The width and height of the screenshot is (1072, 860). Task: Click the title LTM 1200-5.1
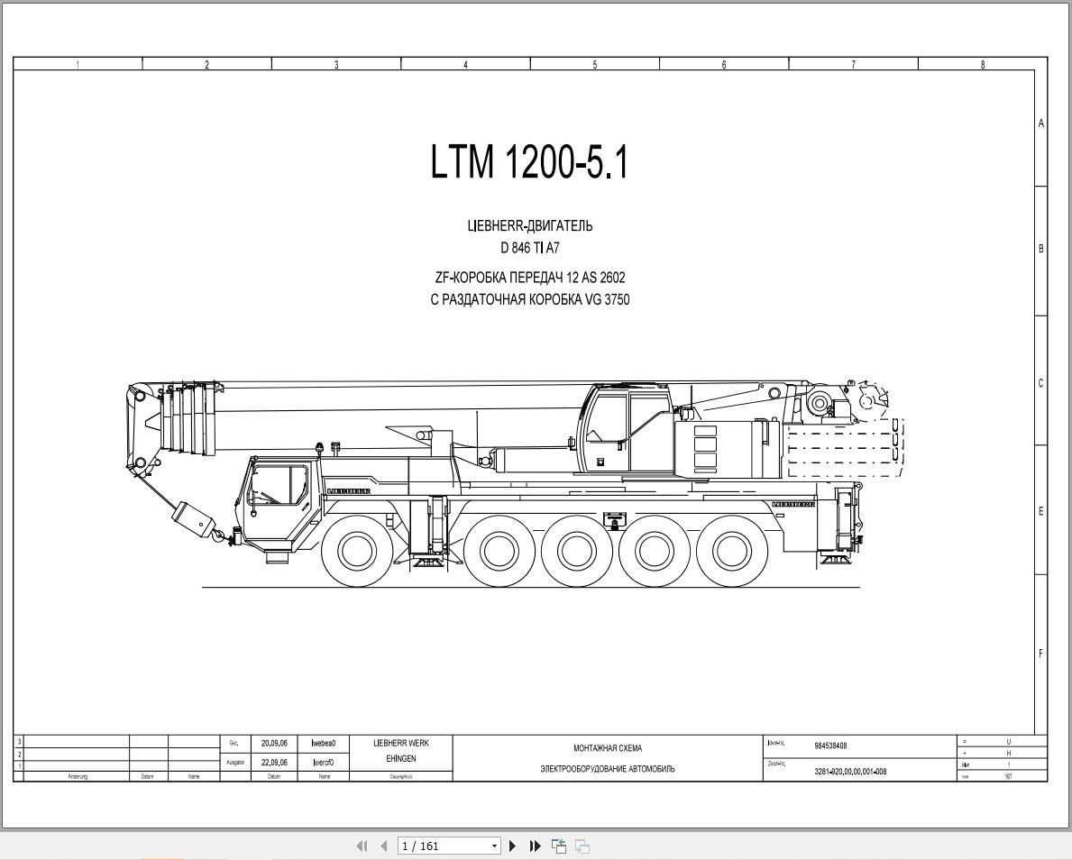coord(529,162)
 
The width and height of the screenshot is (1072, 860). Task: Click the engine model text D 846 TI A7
coord(530,248)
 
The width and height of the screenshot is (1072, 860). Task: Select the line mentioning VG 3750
coord(530,299)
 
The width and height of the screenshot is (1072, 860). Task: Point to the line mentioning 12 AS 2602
coord(530,278)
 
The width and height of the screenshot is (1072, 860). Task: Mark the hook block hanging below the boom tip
coord(194,521)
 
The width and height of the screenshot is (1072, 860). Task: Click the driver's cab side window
coord(281,485)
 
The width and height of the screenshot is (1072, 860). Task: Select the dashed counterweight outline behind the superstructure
coord(845,447)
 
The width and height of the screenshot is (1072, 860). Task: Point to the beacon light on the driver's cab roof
coord(318,447)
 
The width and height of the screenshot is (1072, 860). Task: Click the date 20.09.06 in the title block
coord(274,744)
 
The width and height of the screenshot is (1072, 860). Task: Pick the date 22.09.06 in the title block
coord(274,762)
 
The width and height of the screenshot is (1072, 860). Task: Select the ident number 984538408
coord(830,746)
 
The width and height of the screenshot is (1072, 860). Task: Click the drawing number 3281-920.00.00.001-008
coord(850,772)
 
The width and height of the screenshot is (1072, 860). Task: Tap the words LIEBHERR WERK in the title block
coord(401,744)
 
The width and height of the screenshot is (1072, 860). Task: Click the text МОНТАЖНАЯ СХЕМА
coord(608,748)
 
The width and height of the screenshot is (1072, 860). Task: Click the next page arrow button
coord(513,846)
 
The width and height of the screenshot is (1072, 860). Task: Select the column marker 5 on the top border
coord(594,64)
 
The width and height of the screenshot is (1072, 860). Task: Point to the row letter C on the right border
coord(1040,383)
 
